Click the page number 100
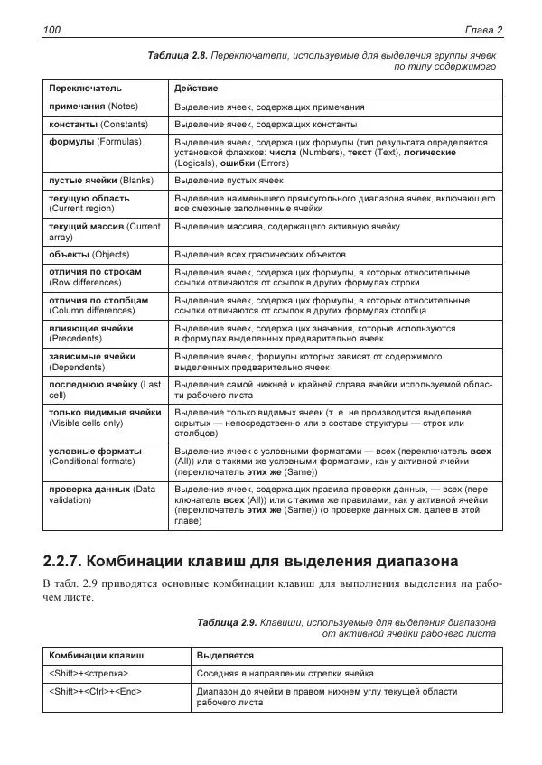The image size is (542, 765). click(x=51, y=30)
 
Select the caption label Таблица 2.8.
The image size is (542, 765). click(x=176, y=56)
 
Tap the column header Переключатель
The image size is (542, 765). click(x=85, y=89)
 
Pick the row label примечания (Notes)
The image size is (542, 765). click(x=91, y=107)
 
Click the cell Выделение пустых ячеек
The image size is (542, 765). click(x=229, y=181)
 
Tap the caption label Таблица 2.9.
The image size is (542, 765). click(x=226, y=622)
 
